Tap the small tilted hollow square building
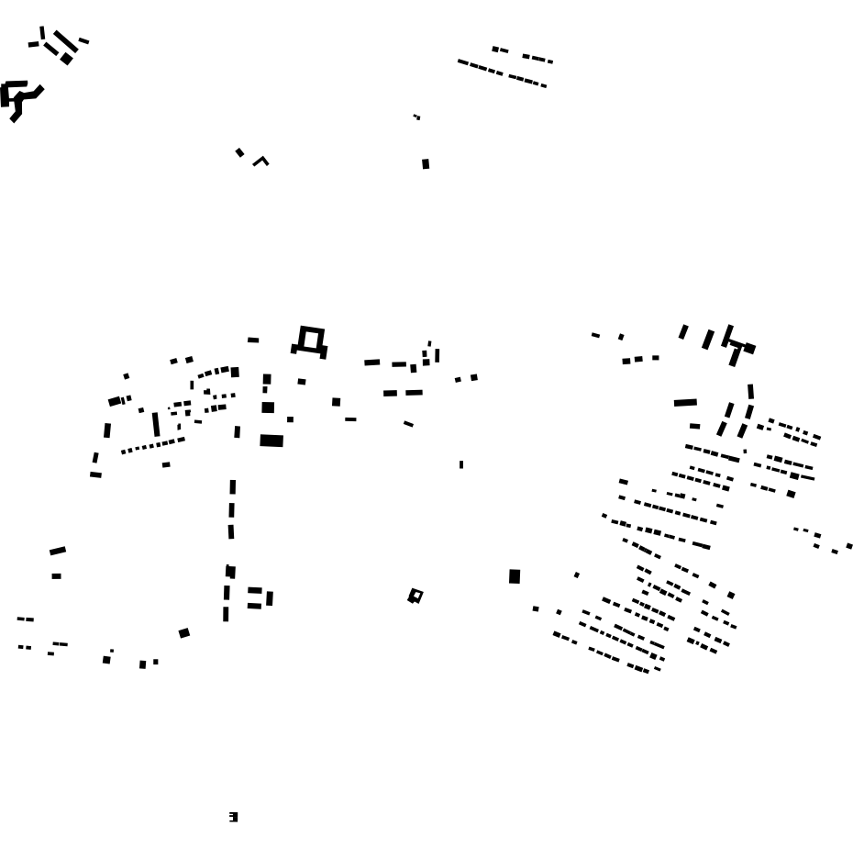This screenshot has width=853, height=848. (x=415, y=597)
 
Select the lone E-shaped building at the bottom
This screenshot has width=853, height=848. (x=233, y=817)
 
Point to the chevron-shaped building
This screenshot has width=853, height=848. (x=261, y=161)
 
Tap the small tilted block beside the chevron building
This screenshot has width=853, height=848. (x=239, y=152)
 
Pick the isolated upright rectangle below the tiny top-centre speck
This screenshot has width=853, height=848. (x=426, y=164)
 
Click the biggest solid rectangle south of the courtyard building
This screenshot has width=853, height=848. (x=271, y=441)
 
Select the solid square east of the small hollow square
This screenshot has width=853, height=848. (x=515, y=576)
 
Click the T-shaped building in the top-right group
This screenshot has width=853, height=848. (x=737, y=349)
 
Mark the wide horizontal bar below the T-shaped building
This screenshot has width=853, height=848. (x=685, y=402)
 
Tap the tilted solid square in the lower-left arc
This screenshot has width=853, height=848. (x=184, y=633)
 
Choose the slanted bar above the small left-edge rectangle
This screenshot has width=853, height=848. (x=58, y=551)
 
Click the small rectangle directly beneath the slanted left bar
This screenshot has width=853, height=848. (x=56, y=576)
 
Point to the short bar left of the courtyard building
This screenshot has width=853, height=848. (x=253, y=340)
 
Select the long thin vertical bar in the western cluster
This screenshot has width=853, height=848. (x=156, y=424)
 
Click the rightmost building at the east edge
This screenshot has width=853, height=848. (x=849, y=546)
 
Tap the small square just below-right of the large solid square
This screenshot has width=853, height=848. (x=537, y=608)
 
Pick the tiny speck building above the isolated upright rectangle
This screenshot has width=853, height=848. (x=416, y=117)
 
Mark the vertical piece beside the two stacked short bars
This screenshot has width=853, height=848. (x=270, y=598)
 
